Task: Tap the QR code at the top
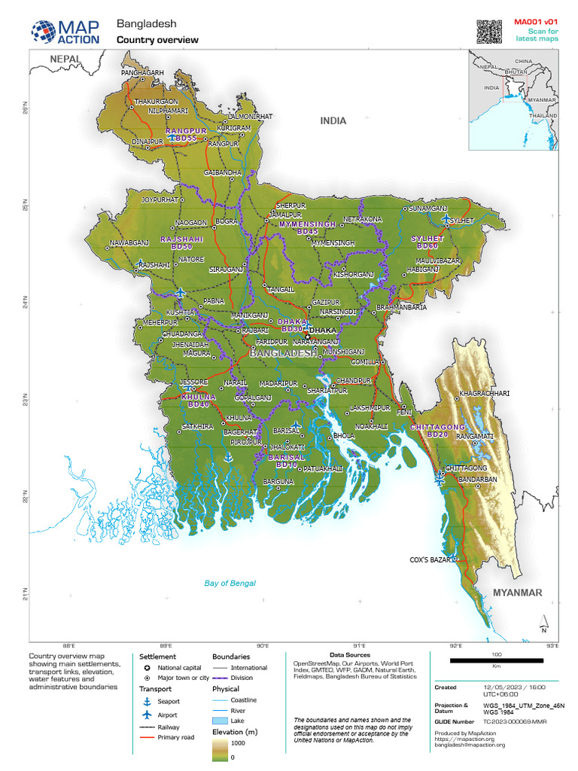click(x=488, y=31)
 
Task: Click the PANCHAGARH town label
click(x=142, y=72)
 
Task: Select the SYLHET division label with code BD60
click(x=427, y=242)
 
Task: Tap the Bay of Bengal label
click(x=230, y=583)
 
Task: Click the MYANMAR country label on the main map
click(x=517, y=593)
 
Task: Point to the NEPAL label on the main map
click(x=65, y=58)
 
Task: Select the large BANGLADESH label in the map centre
click(x=283, y=352)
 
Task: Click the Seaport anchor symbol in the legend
click(x=148, y=701)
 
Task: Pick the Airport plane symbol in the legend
click(x=148, y=714)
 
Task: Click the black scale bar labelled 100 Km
click(x=496, y=660)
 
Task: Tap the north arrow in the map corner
click(x=543, y=624)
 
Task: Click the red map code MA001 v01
click(x=536, y=22)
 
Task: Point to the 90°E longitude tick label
click(x=263, y=645)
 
